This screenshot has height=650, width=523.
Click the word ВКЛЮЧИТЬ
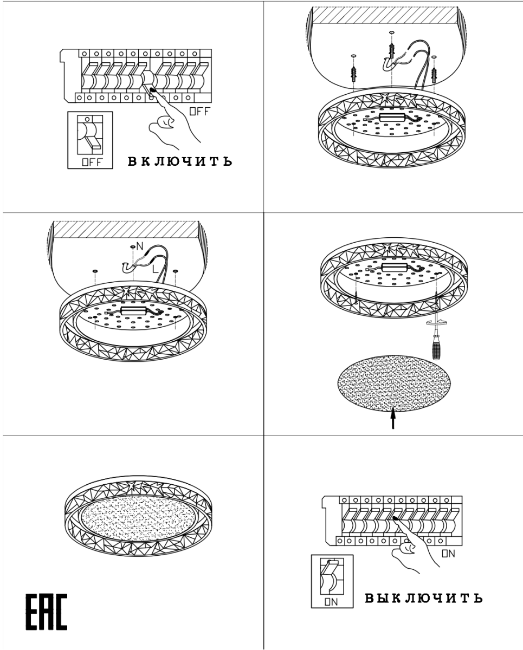pyautogui.click(x=180, y=161)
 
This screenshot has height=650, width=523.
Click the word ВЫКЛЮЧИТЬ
pyautogui.click(x=423, y=598)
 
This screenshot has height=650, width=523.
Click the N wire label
pyautogui.click(x=140, y=246)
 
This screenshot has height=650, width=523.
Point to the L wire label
pyautogui.click(x=155, y=269)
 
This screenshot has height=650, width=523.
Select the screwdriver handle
pyautogui.click(x=437, y=348)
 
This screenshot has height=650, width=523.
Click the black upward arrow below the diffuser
pyautogui.click(x=393, y=418)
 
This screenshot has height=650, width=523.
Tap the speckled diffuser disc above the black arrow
pyautogui.click(x=394, y=383)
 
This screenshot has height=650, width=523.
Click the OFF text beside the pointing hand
pyautogui.click(x=199, y=112)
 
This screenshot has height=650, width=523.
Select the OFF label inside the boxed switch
pyautogui.click(x=93, y=162)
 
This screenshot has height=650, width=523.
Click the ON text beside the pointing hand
pyautogui.click(x=448, y=554)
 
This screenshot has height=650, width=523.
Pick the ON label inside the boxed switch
pyautogui.click(x=331, y=602)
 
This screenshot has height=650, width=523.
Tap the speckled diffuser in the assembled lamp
pyautogui.click(x=138, y=518)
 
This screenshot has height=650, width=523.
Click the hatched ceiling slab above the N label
pyautogui.click(x=126, y=229)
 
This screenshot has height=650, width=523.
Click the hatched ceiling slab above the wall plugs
pyautogui.click(x=385, y=15)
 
